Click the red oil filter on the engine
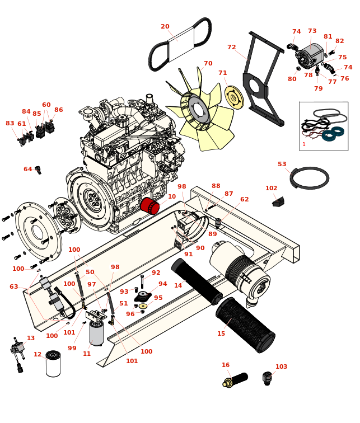point(150,205)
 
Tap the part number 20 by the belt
point(165,27)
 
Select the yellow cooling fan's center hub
point(198,109)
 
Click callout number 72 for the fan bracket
point(232,48)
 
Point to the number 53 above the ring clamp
point(282,164)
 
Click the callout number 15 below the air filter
point(221,334)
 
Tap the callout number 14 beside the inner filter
point(178,285)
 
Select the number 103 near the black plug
point(281,367)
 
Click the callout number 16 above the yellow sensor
point(226,365)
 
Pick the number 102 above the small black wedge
point(272,189)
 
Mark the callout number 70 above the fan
point(208,64)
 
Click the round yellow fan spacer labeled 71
point(234,97)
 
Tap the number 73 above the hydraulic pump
point(312,31)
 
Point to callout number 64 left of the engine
point(28,169)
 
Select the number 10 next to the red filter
point(172,197)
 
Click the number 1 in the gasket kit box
point(304,144)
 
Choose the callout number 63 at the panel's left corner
point(14,287)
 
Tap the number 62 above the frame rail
point(245,200)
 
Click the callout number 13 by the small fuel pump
point(31,339)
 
